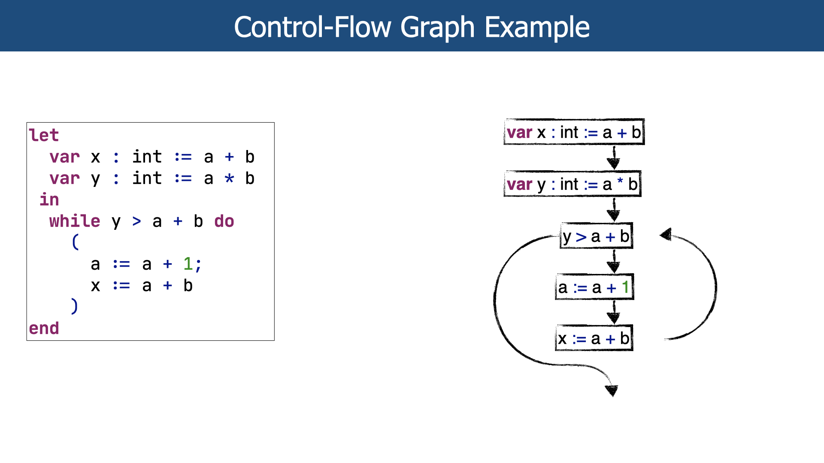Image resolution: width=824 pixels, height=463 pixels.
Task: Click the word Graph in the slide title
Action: click(x=437, y=27)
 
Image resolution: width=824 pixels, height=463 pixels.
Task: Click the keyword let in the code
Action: click(x=43, y=135)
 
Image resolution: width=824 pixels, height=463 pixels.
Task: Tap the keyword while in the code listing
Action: click(x=75, y=221)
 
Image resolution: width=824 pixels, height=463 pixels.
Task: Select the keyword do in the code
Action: click(x=224, y=221)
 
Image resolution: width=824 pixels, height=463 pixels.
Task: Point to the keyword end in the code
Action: click(x=44, y=328)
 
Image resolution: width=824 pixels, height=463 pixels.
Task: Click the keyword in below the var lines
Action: click(x=49, y=200)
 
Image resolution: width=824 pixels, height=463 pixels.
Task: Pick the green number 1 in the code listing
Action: click(x=188, y=264)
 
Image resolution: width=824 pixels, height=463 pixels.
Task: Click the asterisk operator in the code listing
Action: click(x=230, y=178)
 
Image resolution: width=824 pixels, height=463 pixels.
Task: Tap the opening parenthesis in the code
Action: click(x=75, y=242)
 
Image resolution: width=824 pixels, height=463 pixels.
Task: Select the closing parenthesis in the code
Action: click(x=75, y=306)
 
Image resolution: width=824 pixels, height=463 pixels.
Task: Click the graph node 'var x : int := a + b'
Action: click(x=574, y=132)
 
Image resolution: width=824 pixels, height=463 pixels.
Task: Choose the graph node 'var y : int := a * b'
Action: click(x=573, y=184)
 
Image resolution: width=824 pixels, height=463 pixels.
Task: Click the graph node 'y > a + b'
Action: click(x=597, y=236)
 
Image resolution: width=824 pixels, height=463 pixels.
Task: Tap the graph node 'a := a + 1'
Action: click(x=594, y=287)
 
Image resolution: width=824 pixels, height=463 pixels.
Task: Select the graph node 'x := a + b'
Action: click(x=594, y=339)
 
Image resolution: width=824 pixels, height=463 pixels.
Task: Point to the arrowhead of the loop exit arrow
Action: click(x=612, y=391)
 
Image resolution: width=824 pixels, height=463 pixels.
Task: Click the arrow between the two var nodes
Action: click(x=614, y=157)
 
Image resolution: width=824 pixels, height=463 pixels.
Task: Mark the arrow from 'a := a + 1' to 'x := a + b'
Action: click(x=614, y=312)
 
